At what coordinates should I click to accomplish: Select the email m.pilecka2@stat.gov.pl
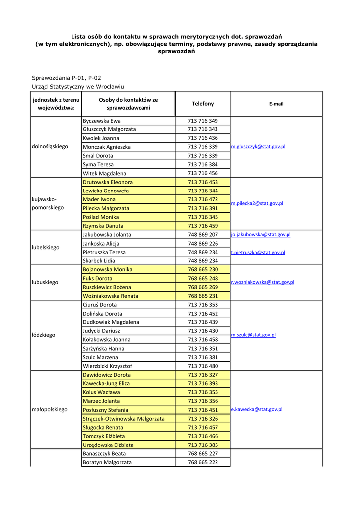coord(257,203)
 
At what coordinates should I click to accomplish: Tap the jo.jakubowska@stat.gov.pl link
coord(261,234)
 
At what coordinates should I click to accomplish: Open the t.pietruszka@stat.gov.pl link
coord(258,252)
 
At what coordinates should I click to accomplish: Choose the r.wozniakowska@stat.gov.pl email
coord(263,282)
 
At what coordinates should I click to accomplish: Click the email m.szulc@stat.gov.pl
coord(253,335)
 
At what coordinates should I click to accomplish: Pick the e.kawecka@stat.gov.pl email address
coord(257,410)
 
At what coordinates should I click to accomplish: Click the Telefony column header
coord(203,104)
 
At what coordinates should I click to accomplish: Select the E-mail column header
coord(276,104)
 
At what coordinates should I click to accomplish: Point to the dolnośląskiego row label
coord(50,147)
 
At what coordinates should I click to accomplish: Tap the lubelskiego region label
coord(45,247)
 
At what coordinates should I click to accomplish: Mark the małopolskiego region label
coord(49,410)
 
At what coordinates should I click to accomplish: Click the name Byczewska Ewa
coord(101,121)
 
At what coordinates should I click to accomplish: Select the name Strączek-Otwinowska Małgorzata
coord(123,419)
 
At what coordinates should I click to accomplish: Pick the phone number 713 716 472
coord(203,199)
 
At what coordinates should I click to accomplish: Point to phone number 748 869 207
coord(203,235)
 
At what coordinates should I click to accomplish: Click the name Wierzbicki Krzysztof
coord(107,366)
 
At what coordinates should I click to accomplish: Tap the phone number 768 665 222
coord(203,462)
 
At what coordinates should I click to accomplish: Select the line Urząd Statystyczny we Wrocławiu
coord(77,87)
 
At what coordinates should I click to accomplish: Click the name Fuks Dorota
coord(97,278)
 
